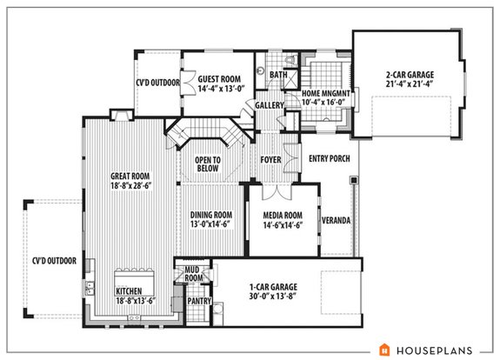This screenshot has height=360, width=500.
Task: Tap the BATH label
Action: (278, 75)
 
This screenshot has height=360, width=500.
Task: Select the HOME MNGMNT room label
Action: (326, 93)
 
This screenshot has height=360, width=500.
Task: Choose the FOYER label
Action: (271, 160)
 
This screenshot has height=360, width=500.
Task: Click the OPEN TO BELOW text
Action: (207, 164)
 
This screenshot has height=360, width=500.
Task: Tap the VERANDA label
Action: (336, 221)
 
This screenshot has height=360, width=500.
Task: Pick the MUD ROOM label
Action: (192, 276)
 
